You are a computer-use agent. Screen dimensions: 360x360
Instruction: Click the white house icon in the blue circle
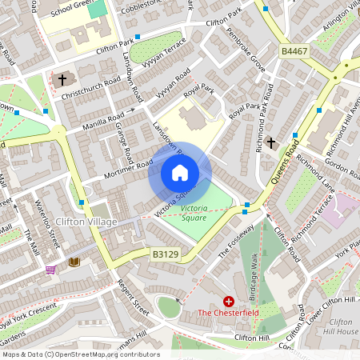(x=180, y=173)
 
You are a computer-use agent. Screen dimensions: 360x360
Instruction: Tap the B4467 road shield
(x=293, y=50)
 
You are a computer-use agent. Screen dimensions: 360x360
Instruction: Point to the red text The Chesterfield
(x=228, y=313)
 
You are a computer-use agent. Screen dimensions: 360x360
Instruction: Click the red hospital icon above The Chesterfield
(x=229, y=301)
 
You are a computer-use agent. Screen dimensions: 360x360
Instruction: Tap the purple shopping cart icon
(x=51, y=270)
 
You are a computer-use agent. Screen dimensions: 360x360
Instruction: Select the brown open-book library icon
(x=74, y=262)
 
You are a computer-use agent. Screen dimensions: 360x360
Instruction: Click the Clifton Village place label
(x=87, y=221)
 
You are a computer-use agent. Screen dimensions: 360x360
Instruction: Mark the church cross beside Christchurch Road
(x=62, y=79)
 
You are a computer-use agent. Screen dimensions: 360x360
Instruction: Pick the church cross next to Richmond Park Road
(x=271, y=143)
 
